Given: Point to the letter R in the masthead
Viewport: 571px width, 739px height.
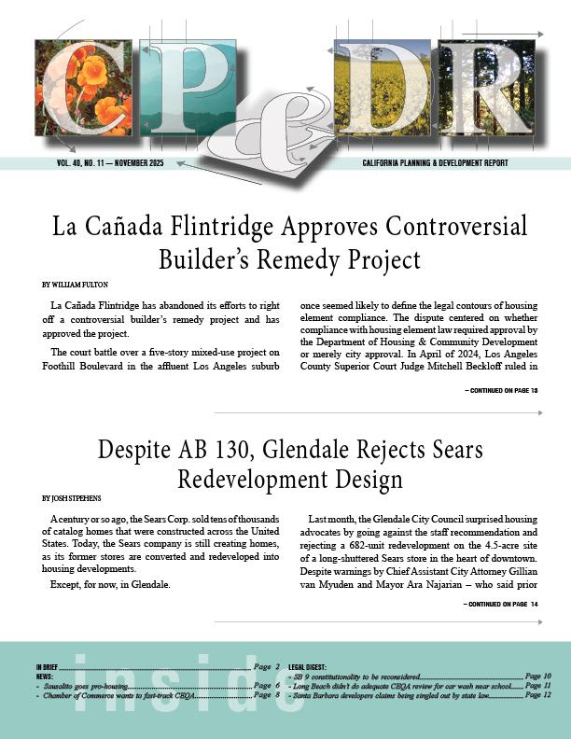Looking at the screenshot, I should pos(490,93).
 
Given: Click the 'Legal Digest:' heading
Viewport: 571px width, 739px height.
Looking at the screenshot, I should pos(308,667).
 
